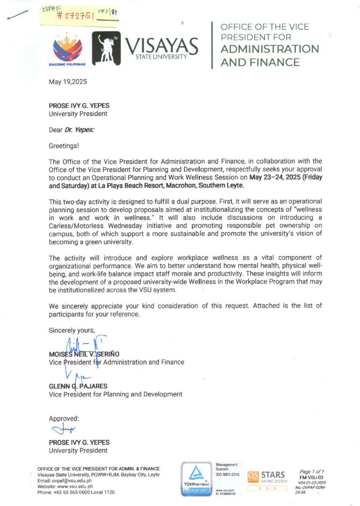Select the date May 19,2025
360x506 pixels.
click(x=68, y=82)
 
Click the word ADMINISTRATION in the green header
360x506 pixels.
click(x=270, y=49)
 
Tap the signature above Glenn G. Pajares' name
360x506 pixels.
click(x=80, y=378)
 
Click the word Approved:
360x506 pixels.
click(x=64, y=418)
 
